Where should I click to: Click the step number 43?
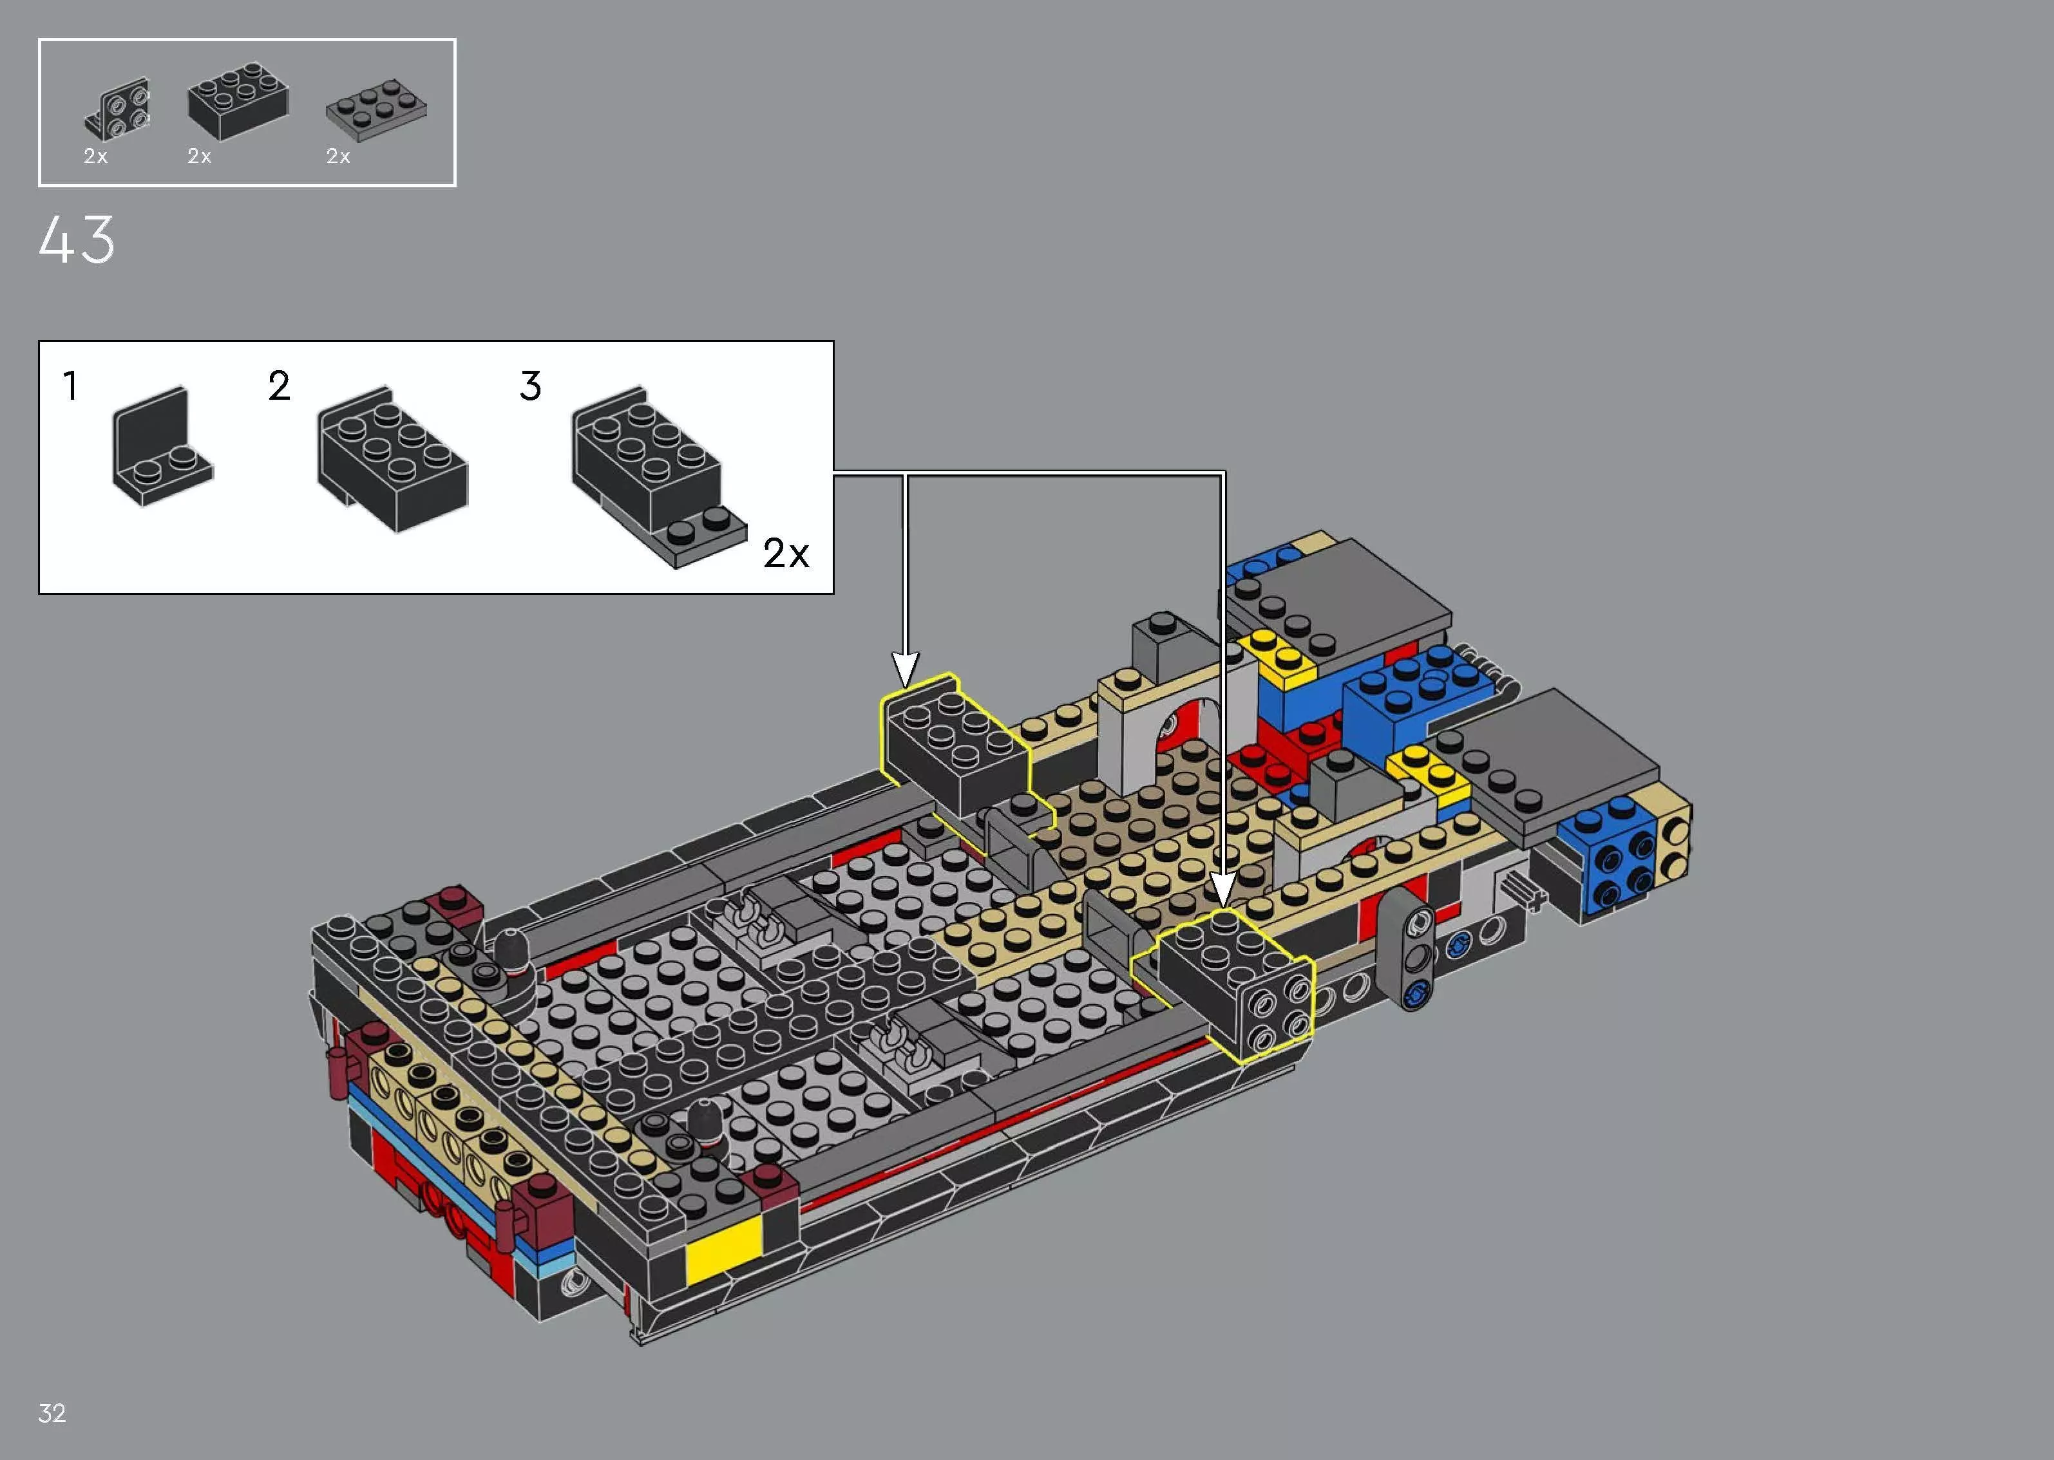[x=77, y=240]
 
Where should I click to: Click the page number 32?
[x=52, y=1412]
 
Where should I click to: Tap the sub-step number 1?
[x=70, y=387]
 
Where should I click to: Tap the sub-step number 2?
[x=279, y=387]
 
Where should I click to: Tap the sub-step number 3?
[x=531, y=387]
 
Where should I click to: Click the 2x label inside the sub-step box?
[x=785, y=554]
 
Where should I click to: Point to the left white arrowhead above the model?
[x=905, y=669]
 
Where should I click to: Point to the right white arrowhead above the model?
[x=1222, y=890]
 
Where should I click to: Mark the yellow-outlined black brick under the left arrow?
[x=953, y=746]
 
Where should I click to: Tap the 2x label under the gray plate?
[x=338, y=156]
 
